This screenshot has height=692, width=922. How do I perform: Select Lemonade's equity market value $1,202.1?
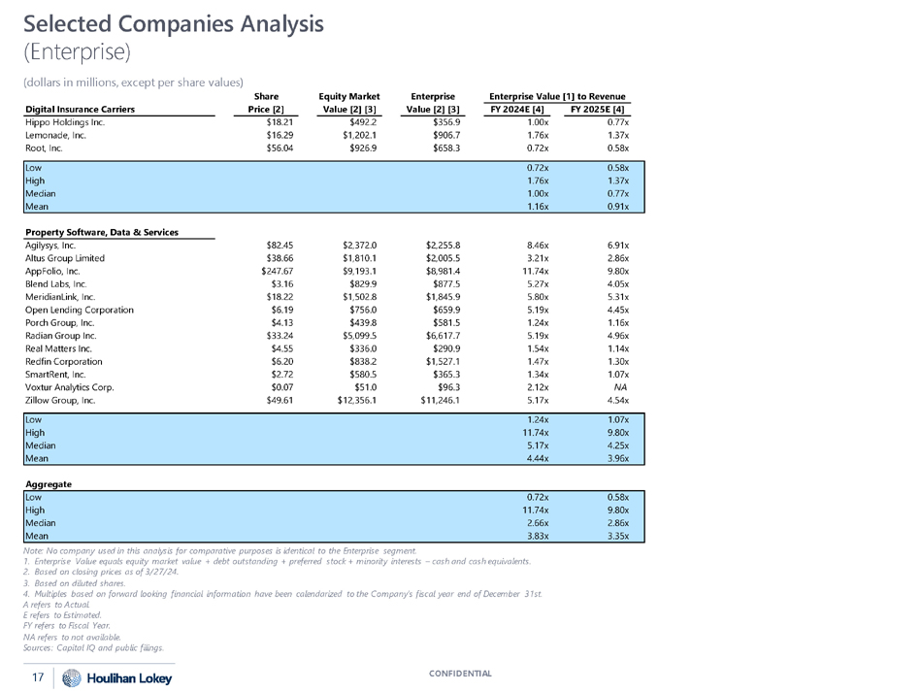pyautogui.click(x=362, y=137)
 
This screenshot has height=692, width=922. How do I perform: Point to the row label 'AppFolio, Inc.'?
pyautogui.click(x=55, y=274)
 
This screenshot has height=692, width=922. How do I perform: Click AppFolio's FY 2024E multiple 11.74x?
pyautogui.click(x=536, y=274)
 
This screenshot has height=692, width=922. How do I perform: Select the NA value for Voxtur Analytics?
pyautogui.click(x=614, y=386)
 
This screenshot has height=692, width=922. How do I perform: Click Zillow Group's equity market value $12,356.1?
pyautogui.click(x=358, y=400)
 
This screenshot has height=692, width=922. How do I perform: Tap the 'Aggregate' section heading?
pyautogui.click(x=49, y=482)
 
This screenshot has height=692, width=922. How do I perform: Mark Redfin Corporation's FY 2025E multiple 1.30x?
pyautogui.click(x=614, y=358)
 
